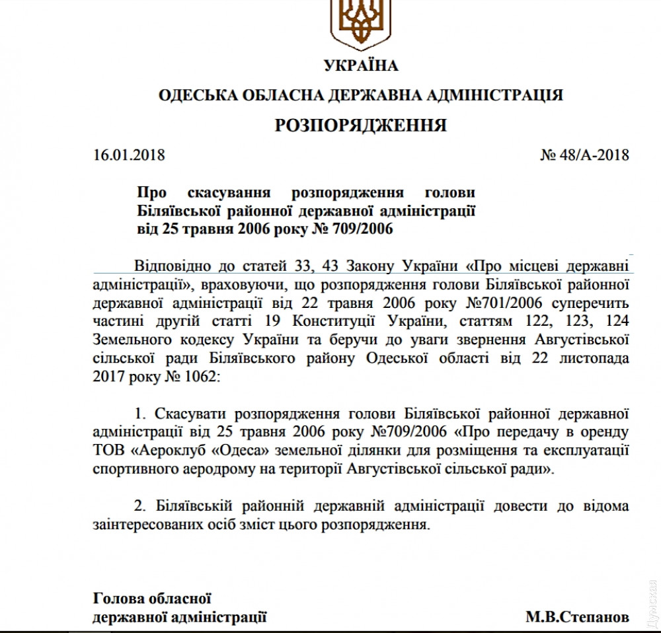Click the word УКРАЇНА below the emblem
click(x=361, y=65)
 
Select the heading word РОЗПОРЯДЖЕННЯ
click(x=361, y=126)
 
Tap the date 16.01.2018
click(x=129, y=156)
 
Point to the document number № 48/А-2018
click(x=584, y=156)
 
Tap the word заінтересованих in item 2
click(x=145, y=525)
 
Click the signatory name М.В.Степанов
click(x=577, y=618)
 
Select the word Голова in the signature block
click(x=114, y=599)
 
